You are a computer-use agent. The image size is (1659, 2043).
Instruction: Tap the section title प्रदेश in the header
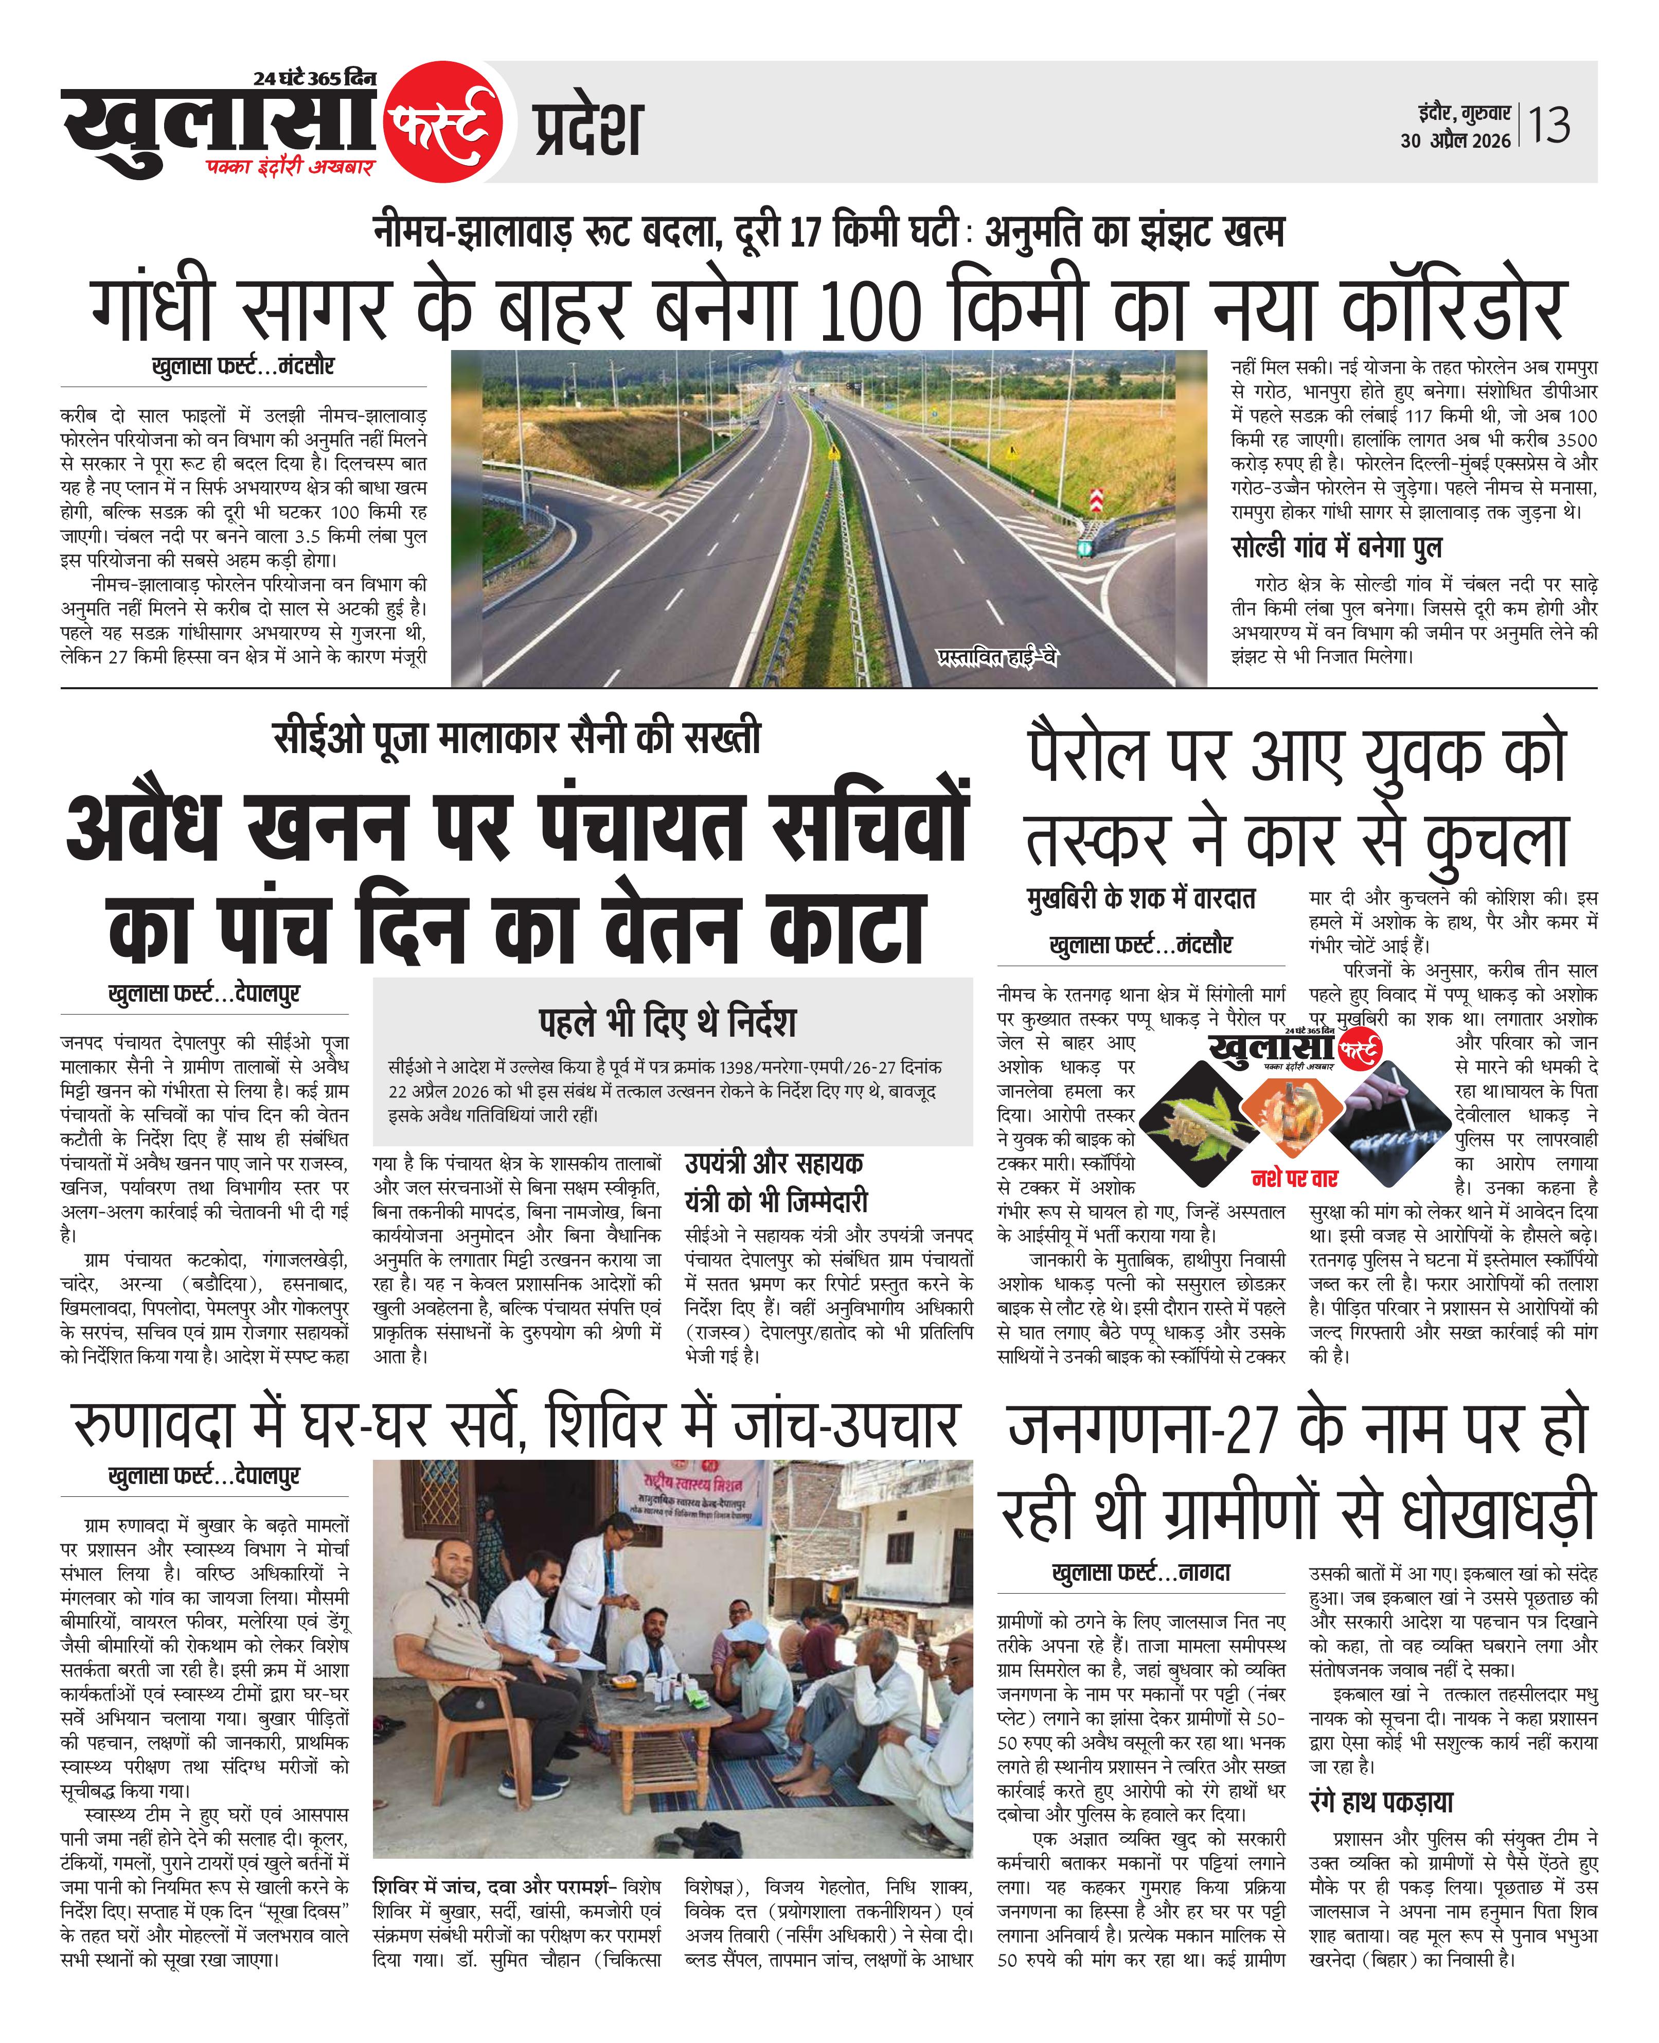pyautogui.click(x=587, y=129)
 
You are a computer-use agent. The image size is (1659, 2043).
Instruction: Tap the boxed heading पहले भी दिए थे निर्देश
pyautogui.click(x=667, y=1021)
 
